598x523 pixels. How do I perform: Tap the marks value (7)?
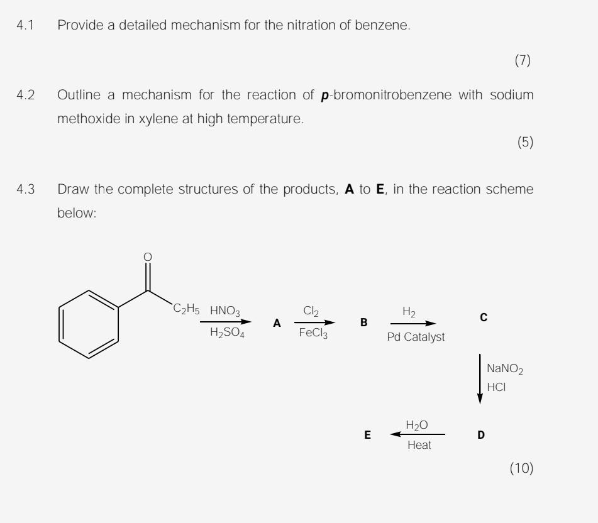click(523, 60)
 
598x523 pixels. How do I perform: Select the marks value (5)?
click(524, 143)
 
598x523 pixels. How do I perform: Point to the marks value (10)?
click(521, 468)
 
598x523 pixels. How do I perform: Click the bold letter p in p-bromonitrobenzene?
click(326, 96)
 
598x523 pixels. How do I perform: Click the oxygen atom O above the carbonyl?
click(148, 256)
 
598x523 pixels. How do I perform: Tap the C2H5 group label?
click(186, 309)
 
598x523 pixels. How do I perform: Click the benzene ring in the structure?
click(89, 324)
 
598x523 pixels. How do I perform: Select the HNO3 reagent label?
click(225, 311)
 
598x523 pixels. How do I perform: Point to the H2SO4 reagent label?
click(227, 334)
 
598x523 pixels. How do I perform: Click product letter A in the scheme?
click(277, 323)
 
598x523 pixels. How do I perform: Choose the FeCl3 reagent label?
click(313, 334)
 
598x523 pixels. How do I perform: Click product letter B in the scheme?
click(363, 323)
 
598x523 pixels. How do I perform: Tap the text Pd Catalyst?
click(416, 338)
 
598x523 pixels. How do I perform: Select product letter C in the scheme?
click(483, 318)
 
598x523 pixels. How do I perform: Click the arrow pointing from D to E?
click(418, 434)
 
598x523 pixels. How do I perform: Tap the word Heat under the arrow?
click(419, 446)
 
